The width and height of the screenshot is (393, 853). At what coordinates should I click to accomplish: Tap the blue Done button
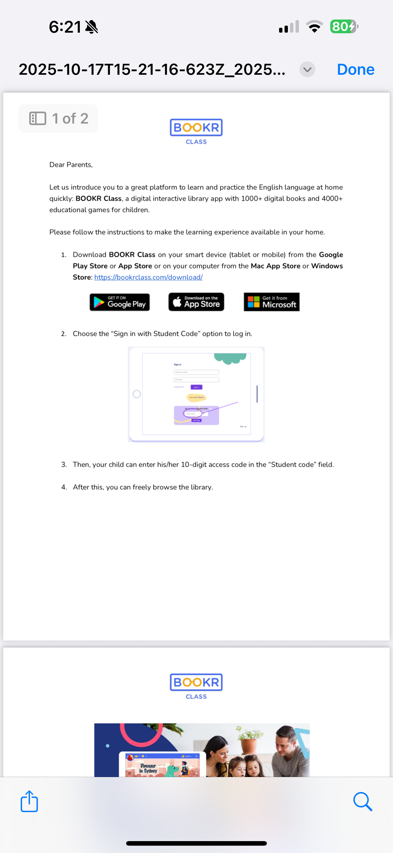point(355,70)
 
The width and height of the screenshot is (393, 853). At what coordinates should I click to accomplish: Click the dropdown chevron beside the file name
point(307,70)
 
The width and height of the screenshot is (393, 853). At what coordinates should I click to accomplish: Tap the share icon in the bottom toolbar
point(29,801)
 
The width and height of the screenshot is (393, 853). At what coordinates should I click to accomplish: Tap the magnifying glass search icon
point(363,801)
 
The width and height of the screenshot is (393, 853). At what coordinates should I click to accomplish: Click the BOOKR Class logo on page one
point(196,131)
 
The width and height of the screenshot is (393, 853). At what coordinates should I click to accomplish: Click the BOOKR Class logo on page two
point(196,686)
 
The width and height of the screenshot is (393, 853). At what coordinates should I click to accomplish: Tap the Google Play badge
point(120,302)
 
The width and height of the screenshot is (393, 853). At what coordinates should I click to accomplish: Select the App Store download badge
point(196,302)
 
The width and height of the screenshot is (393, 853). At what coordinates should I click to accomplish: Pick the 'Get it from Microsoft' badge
point(271,302)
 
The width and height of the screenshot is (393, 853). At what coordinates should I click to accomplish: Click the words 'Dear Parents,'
point(71,164)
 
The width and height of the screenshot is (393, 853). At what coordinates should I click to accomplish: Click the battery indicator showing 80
point(343,27)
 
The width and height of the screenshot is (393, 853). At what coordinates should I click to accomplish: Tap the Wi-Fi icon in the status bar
point(314,27)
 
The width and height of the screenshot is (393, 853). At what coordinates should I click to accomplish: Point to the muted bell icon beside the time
point(92,27)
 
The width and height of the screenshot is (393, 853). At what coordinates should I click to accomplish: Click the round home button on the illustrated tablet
point(136,394)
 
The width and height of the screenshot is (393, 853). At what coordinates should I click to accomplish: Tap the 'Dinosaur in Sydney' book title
point(148,768)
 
